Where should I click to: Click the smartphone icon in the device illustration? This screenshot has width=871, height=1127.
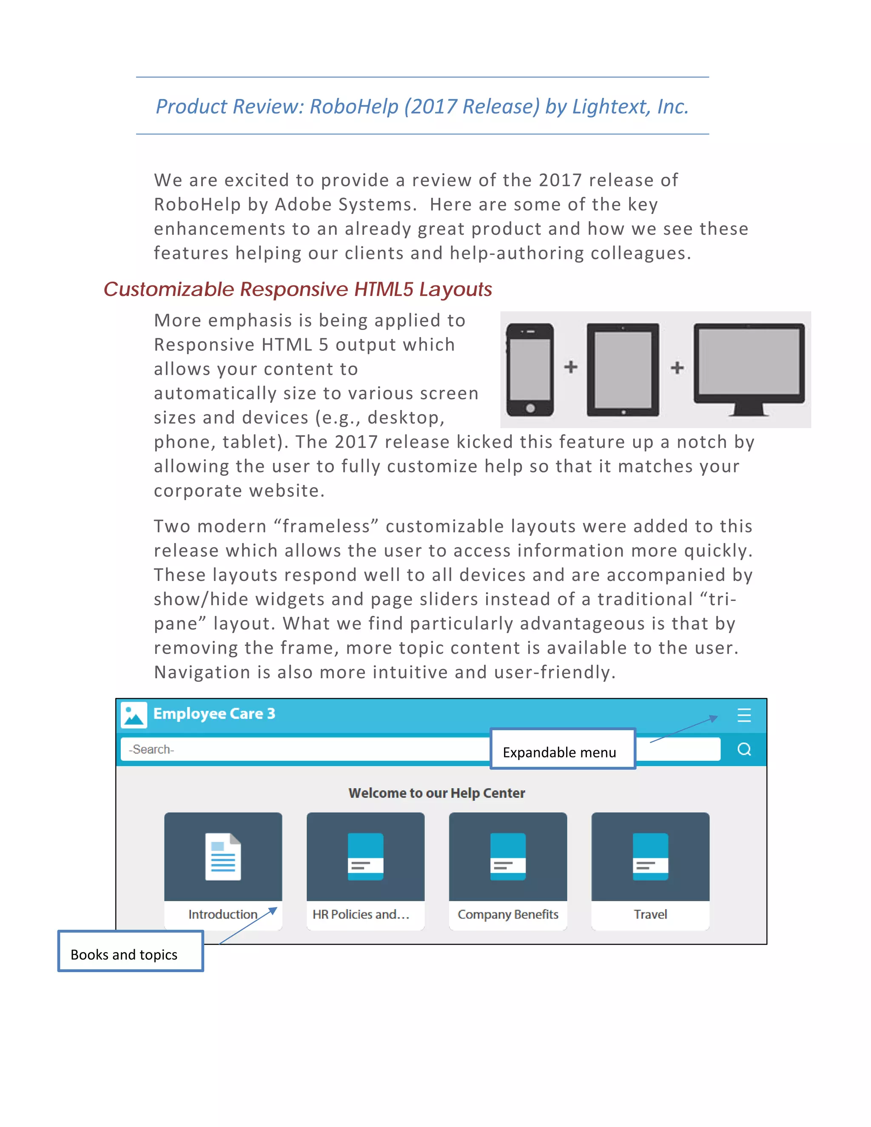[x=530, y=370]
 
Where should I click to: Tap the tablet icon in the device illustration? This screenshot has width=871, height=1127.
[x=623, y=370]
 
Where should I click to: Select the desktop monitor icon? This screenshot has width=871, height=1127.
[x=749, y=368]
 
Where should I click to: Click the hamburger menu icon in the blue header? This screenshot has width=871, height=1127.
[x=743, y=715]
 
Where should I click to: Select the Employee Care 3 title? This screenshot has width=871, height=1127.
[x=214, y=714]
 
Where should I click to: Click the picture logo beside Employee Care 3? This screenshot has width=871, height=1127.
[x=134, y=715]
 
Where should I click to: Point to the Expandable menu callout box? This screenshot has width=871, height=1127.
[x=562, y=749]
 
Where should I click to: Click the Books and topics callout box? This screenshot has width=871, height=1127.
[x=131, y=951]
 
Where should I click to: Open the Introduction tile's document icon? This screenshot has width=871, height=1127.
[x=223, y=857]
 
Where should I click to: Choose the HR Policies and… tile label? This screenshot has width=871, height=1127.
[x=361, y=914]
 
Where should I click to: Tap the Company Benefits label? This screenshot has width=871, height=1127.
[x=508, y=914]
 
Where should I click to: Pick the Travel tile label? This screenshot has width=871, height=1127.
[x=650, y=914]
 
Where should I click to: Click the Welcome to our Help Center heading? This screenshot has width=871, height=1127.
[x=436, y=793]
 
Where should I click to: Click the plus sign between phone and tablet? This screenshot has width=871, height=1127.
[x=571, y=367]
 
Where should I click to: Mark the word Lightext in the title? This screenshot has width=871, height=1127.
[x=611, y=107]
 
